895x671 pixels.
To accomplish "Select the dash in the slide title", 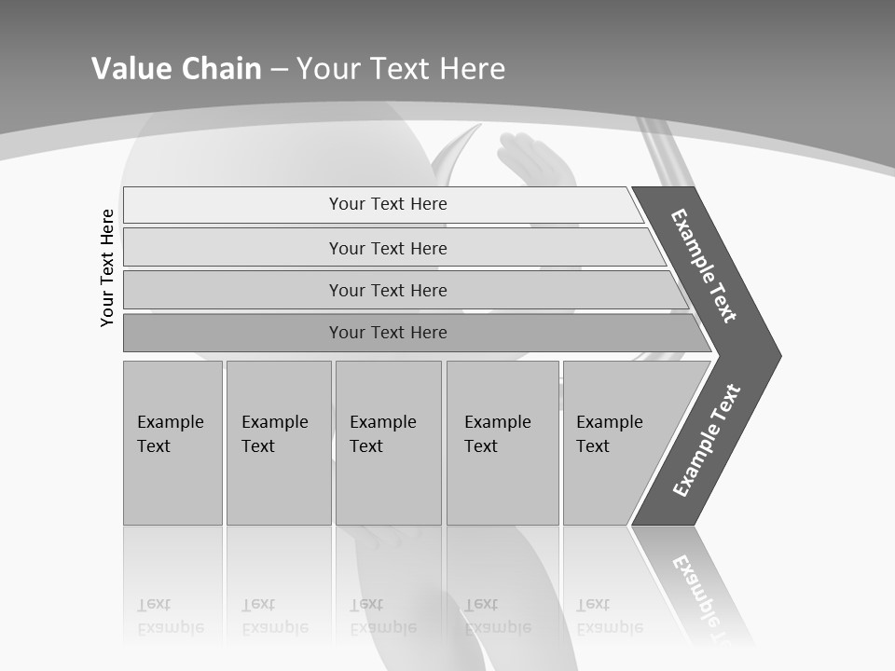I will point(279,70).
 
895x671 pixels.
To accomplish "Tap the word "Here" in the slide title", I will point(472,69).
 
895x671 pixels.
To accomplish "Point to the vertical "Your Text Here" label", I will point(107,267).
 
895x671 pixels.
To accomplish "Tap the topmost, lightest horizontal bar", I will point(382,204).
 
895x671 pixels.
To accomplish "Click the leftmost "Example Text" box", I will point(172,443).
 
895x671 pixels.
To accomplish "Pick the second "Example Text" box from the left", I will point(278,443).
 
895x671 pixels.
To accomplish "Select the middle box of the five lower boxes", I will point(388,443).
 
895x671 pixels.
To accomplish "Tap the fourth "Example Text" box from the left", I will point(503,443).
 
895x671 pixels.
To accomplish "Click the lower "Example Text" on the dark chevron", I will point(707,440).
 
